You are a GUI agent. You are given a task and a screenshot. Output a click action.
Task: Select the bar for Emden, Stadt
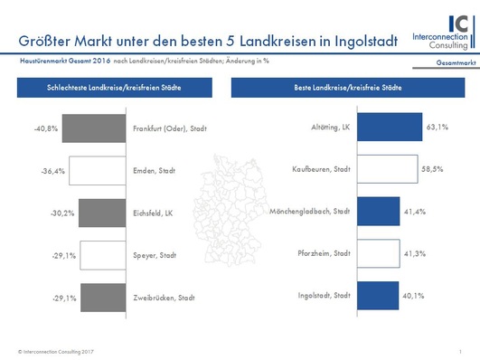pyautogui.click(x=99, y=170)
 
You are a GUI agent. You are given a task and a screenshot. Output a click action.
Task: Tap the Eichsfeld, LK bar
pyautogui.click(x=103, y=213)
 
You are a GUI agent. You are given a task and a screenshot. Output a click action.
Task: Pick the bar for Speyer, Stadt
pyautogui.click(x=104, y=255)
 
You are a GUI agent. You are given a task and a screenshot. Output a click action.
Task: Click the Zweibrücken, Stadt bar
pyautogui.click(x=104, y=297)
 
